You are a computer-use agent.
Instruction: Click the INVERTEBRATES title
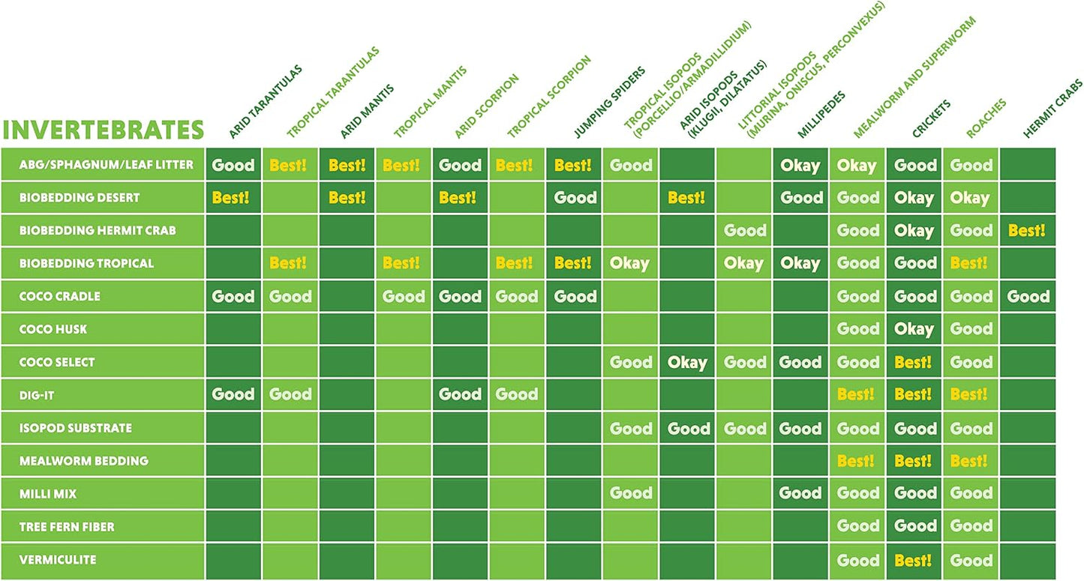(103, 130)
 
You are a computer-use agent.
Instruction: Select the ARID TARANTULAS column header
(266, 101)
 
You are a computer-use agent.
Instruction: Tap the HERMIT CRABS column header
(1052, 109)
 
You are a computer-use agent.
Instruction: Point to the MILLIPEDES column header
(821, 114)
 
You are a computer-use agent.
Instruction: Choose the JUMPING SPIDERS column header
(609, 102)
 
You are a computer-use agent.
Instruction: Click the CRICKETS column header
(932, 118)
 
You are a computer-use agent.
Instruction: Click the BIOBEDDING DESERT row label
(80, 197)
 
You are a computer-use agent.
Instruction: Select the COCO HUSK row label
(53, 329)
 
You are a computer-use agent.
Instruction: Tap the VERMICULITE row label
(58, 560)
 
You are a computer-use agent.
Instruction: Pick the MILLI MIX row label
(48, 494)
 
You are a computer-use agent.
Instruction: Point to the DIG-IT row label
(37, 395)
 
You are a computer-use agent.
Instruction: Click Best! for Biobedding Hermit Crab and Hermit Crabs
(1026, 230)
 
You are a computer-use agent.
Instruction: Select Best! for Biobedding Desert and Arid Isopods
(686, 197)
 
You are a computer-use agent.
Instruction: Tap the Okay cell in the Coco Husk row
(914, 329)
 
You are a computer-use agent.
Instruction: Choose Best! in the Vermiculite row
(913, 560)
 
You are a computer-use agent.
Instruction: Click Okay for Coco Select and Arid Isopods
(687, 362)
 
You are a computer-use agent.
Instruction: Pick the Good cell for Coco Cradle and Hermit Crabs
(1028, 296)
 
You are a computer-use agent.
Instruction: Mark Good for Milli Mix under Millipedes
(800, 493)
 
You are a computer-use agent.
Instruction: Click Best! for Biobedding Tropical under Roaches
(968, 263)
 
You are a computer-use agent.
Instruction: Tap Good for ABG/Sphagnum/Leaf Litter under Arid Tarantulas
(233, 165)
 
